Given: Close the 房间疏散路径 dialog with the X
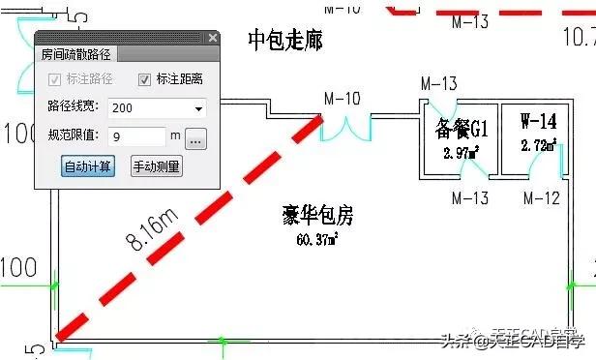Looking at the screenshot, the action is tap(213, 38).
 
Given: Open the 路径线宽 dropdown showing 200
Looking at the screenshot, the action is tap(157, 107).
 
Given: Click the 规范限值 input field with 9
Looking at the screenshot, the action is tap(136, 136).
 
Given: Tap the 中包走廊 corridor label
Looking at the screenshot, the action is tap(284, 41).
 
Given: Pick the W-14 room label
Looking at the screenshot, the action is tap(538, 123).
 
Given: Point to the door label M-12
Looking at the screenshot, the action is tap(542, 198).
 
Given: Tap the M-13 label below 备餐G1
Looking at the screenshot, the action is tap(471, 198).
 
